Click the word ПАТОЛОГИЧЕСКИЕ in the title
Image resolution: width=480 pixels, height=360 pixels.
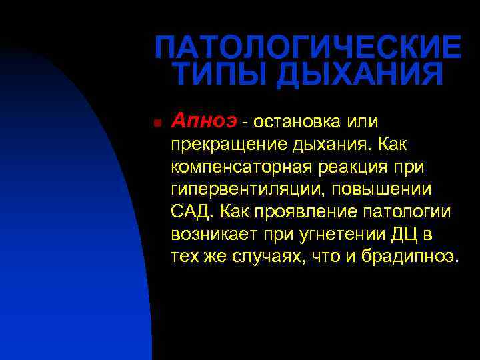(x=307, y=47)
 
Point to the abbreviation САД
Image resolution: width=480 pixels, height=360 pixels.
(x=191, y=212)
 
